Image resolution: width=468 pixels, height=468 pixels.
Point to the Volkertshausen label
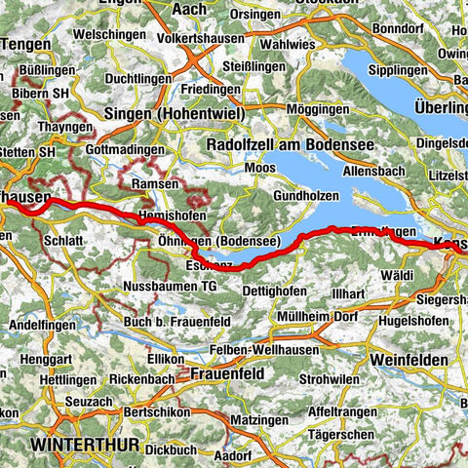(x=211, y=42)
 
